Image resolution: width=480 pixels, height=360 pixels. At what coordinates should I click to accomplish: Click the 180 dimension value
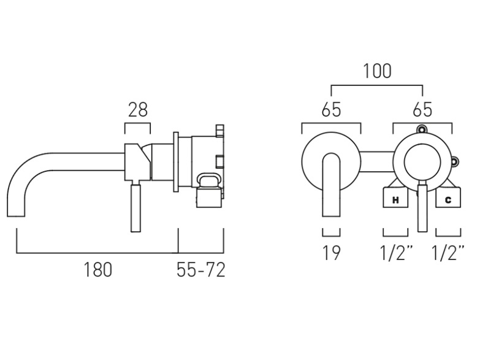coord(98,270)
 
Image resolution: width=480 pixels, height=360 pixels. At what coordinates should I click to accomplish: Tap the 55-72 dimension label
coord(201,270)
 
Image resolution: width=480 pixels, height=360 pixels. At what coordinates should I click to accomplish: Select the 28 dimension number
coord(138,109)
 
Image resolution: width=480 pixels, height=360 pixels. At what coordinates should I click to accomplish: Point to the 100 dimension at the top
coord(377,71)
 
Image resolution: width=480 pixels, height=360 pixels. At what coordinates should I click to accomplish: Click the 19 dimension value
coord(331,253)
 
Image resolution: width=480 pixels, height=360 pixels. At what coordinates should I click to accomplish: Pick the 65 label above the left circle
coord(331,109)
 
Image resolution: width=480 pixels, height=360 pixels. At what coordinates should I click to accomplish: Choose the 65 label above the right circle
coord(422,109)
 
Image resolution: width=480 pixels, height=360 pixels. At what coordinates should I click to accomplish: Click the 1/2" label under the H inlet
coord(396,253)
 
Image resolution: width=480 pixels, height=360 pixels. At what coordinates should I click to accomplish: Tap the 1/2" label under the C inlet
coord(448,253)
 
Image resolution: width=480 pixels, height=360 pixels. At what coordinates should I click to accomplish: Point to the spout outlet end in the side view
coord(16,216)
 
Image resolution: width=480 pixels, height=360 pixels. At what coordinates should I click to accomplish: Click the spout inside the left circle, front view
coord(331,185)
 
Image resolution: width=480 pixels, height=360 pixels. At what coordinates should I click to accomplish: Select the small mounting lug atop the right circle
coord(422,129)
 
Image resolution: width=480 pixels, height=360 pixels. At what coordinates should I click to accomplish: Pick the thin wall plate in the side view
coord(176,162)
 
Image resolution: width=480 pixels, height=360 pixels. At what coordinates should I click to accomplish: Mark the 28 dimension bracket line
coord(137,123)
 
